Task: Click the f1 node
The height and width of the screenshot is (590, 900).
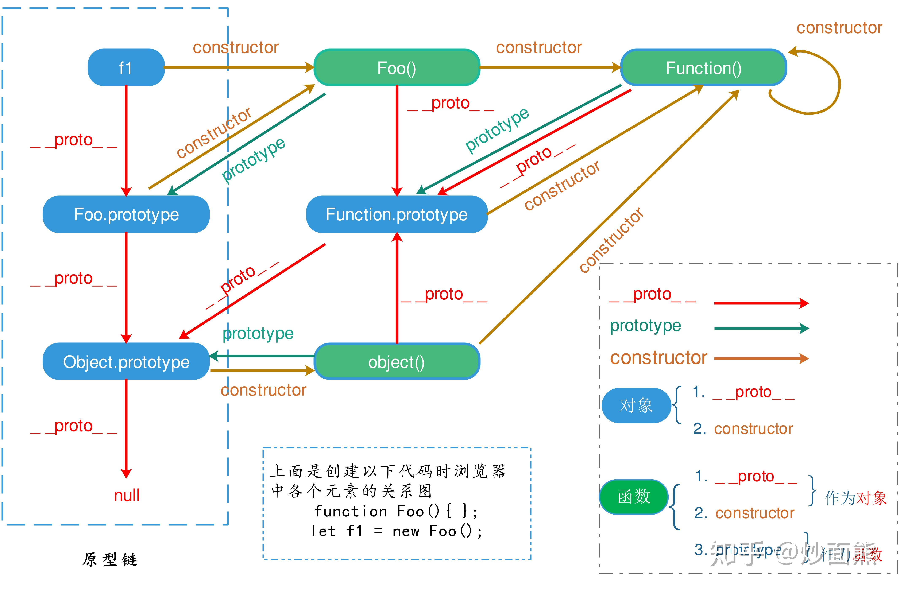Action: coord(126,68)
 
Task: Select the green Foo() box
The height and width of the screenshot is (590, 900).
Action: coord(397,68)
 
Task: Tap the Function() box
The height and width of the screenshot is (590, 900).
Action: coord(703,68)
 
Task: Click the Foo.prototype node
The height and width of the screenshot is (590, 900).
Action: coord(126,214)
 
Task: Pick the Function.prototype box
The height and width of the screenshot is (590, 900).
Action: coord(397,214)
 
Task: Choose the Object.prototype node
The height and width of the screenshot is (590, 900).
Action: coord(126,362)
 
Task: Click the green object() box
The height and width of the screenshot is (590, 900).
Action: coord(397,362)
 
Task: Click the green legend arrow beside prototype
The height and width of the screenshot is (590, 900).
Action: coord(761,328)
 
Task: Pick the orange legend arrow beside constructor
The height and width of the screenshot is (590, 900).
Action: coord(761,358)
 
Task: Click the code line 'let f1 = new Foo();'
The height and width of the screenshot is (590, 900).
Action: coord(396,531)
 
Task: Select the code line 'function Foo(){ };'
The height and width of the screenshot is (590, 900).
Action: coord(396,511)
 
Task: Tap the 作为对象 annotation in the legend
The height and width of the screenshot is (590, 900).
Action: coord(855,498)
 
